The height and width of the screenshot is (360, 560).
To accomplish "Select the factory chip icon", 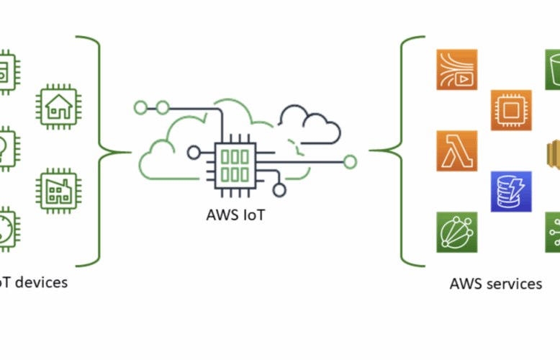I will coord(57,190).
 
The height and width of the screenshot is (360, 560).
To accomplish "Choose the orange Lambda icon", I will coord(456,150).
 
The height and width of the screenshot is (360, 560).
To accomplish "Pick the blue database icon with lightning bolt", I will coord(511,191).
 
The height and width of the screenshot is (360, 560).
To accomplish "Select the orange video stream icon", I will coord(456,69).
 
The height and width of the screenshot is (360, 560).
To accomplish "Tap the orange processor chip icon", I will coord(511,110).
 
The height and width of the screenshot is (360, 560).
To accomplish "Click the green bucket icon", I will coord(553,69).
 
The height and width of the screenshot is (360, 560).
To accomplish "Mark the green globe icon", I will coord(456,232).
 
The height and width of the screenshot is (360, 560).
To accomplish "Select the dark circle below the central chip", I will coord(279,190).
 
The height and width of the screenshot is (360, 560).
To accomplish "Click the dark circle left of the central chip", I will coord(194,153).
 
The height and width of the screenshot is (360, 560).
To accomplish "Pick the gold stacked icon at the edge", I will coord(553,150).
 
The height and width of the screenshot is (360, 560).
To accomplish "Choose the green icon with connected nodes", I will coord(553,232).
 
